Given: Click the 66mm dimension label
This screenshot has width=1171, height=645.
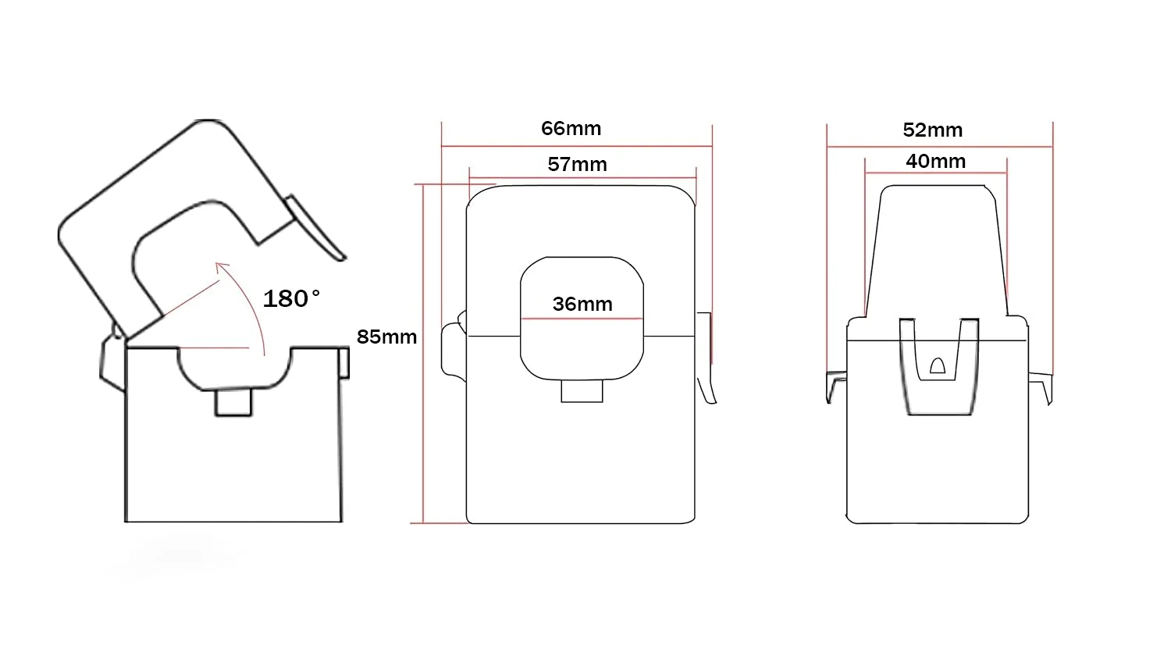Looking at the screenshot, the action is coord(571,129).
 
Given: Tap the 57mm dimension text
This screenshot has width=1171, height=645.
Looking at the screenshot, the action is coord(577,164).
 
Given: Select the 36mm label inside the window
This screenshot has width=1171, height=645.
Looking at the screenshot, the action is coord(582,304).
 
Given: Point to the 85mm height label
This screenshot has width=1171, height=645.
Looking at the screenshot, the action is coord(387,337).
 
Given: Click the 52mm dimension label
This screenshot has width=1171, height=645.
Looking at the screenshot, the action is coord(933,130).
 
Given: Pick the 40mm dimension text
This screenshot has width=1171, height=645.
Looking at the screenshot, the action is coord(936,161).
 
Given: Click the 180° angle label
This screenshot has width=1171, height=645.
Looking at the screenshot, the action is coord(291,299).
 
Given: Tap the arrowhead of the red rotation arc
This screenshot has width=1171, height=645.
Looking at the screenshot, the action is coord(221,267).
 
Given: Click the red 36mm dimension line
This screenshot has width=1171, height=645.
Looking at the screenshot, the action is coord(582,319).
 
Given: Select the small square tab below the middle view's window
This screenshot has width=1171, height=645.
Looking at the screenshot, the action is coord(582,391).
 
